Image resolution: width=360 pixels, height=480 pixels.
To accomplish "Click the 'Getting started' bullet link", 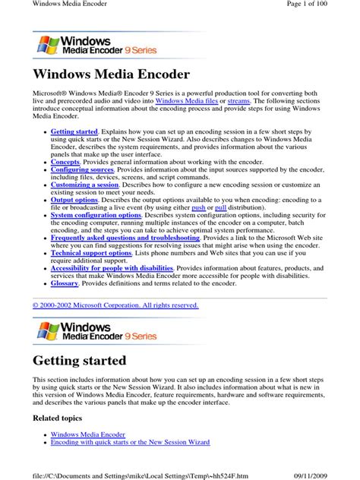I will pos(74,132).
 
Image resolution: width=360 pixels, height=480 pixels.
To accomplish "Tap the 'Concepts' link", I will pos(65,162).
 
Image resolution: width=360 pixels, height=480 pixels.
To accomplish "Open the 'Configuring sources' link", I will pos(81,169).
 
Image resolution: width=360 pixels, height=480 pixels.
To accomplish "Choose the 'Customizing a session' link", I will pos(85,185).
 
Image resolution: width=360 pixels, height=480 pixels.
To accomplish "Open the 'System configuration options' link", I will pos(96,214).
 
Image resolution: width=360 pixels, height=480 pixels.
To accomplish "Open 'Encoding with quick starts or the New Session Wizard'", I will pos(131,442).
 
